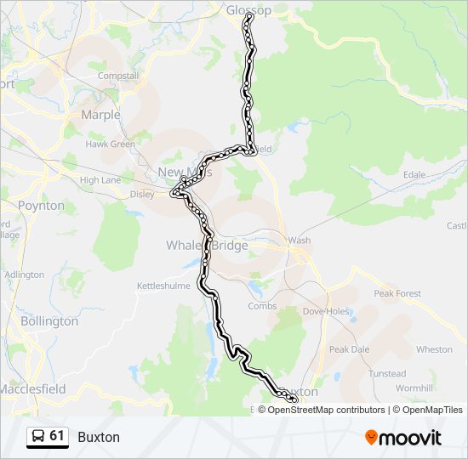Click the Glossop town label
(x=248, y=10)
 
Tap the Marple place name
(x=100, y=115)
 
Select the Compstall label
(x=118, y=76)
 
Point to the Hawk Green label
(x=110, y=144)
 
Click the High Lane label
(x=100, y=180)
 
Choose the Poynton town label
(x=41, y=206)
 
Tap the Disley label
(x=142, y=194)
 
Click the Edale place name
(x=414, y=175)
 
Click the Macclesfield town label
(x=33, y=388)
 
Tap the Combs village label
(x=262, y=306)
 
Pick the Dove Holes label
(x=326, y=311)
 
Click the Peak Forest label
(x=397, y=293)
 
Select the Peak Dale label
(x=349, y=349)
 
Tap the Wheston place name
(x=434, y=349)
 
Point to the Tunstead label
(x=387, y=374)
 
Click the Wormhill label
(x=415, y=388)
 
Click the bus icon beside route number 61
(x=38, y=437)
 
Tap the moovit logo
(x=403, y=438)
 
